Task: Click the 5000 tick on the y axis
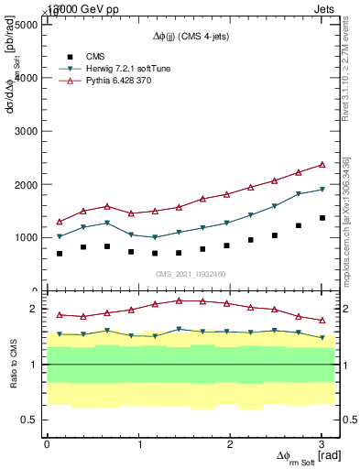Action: (26, 25)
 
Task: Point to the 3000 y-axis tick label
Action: (26, 131)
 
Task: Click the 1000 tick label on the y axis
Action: (26, 237)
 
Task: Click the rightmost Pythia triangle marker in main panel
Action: (322, 165)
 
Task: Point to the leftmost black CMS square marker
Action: (60, 254)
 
